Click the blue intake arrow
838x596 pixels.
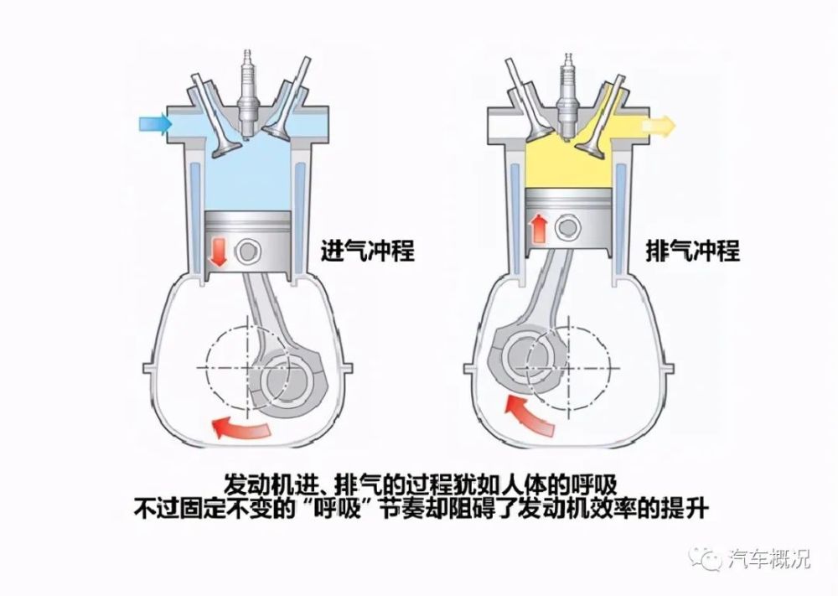click(x=155, y=124)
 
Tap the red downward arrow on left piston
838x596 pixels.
click(x=218, y=252)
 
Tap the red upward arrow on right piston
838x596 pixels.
click(x=540, y=228)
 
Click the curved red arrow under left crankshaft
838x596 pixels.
click(x=240, y=428)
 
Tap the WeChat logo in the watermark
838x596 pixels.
click(x=706, y=558)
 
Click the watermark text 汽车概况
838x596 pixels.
click(x=768, y=559)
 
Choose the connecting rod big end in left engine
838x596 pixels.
click(x=288, y=381)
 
